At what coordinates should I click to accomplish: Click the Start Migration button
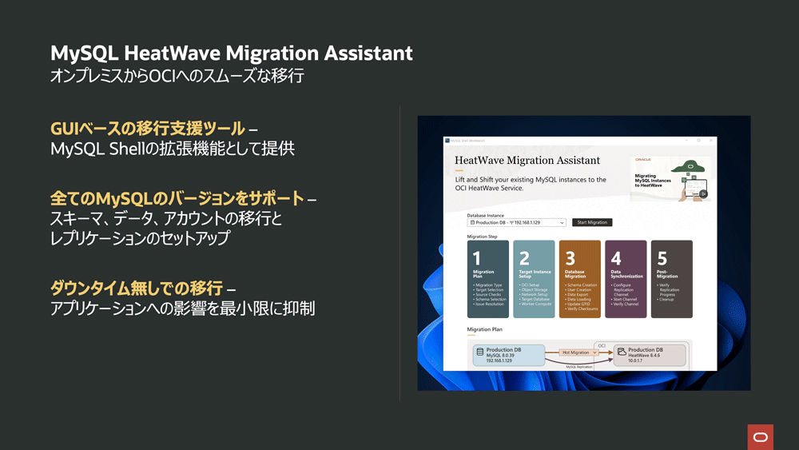click(x=592, y=222)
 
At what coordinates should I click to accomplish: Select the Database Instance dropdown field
click(x=516, y=222)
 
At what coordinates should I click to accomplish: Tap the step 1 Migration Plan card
click(x=487, y=279)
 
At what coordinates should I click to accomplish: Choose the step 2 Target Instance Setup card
click(x=534, y=279)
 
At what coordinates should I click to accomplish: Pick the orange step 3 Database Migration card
click(x=579, y=279)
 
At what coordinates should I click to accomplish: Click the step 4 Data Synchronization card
click(x=626, y=279)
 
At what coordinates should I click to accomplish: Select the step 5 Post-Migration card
click(x=671, y=279)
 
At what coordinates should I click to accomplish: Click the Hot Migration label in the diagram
click(x=575, y=352)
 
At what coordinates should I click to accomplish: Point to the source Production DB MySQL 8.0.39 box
click(x=508, y=355)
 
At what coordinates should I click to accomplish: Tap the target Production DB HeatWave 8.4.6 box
click(x=650, y=355)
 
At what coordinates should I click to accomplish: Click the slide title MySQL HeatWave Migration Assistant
click(x=232, y=54)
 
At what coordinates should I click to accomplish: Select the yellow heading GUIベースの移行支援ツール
click(x=148, y=129)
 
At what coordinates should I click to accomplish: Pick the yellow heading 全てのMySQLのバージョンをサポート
click(x=177, y=197)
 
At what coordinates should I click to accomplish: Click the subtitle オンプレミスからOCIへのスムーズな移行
click(x=177, y=77)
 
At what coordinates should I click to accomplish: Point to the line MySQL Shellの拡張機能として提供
click(x=173, y=149)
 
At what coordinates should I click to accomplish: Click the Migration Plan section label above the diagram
click(x=485, y=329)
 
